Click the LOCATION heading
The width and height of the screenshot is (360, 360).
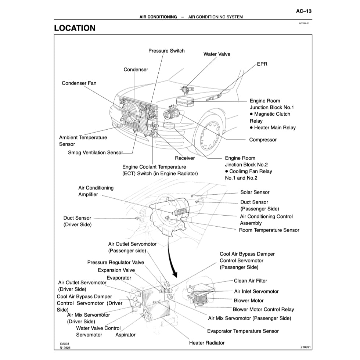[x=75, y=28]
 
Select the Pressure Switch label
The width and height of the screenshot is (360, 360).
[x=166, y=51]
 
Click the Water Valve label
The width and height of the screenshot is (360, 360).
[x=217, y=54]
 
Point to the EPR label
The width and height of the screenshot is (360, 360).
[x=262, y=64]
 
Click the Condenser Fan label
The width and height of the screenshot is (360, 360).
[x=79, y=83]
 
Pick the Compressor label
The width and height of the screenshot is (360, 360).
[x=263, y=140]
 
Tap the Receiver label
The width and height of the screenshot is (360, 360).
[x=185, y=158]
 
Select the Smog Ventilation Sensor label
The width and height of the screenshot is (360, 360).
[x=95, y=152]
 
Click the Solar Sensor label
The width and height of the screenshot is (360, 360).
[x=255, y=192]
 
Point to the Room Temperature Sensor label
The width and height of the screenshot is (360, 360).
[x=269, y=230]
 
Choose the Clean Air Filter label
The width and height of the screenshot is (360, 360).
[x=251, y=281]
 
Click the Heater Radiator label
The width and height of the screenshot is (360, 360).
[x=206, y=343]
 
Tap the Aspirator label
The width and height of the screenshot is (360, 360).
[x=125, y=335]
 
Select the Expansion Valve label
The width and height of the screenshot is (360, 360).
[x=116, y=270]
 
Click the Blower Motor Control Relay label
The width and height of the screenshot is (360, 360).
[x=263, y=309]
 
